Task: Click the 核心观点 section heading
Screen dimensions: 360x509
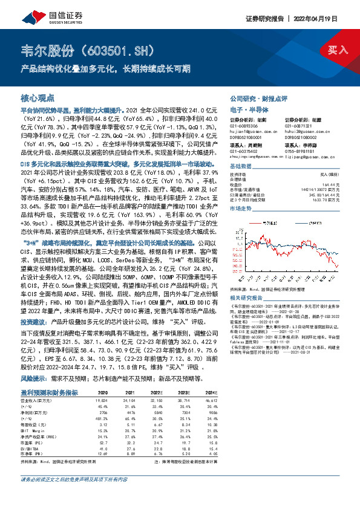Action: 38,97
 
